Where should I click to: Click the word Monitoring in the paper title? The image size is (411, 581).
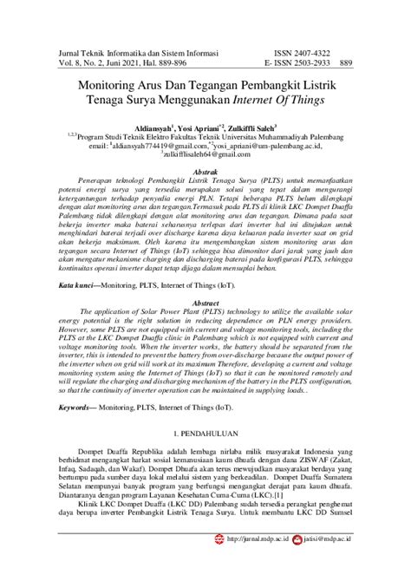click(112, 87)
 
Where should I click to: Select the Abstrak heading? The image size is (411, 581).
click(205, 173)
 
